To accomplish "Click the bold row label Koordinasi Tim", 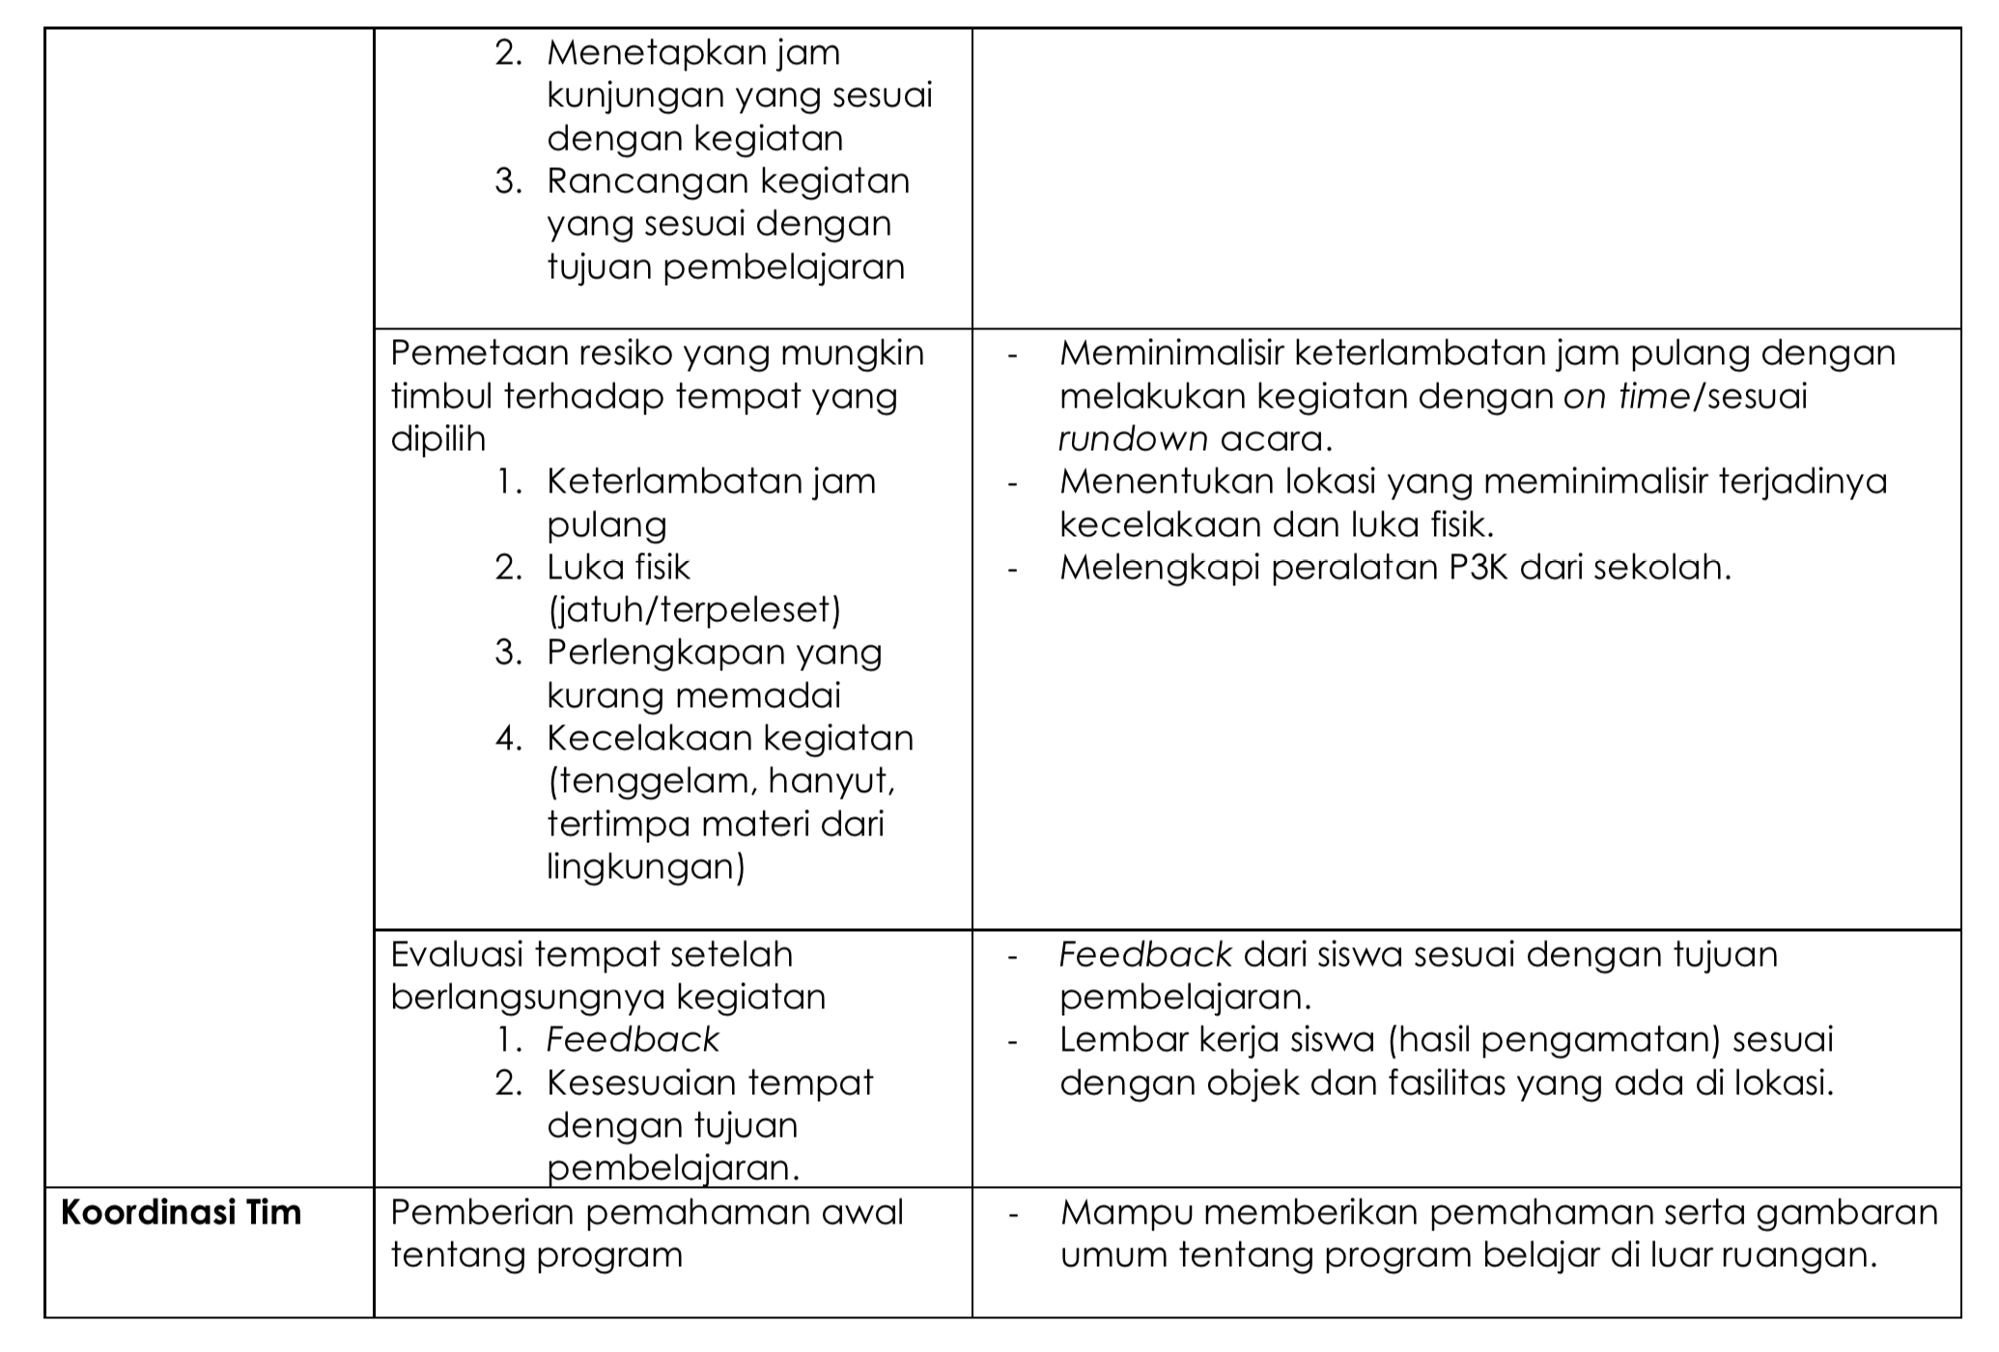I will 181,1212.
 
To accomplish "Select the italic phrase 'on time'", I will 1624,397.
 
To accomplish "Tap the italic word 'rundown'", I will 1132,439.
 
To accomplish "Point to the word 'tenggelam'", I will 641,781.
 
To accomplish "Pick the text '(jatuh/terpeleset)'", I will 694,610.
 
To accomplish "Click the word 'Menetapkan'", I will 657,52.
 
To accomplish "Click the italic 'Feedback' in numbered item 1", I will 633,1040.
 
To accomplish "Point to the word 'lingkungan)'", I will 646,867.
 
